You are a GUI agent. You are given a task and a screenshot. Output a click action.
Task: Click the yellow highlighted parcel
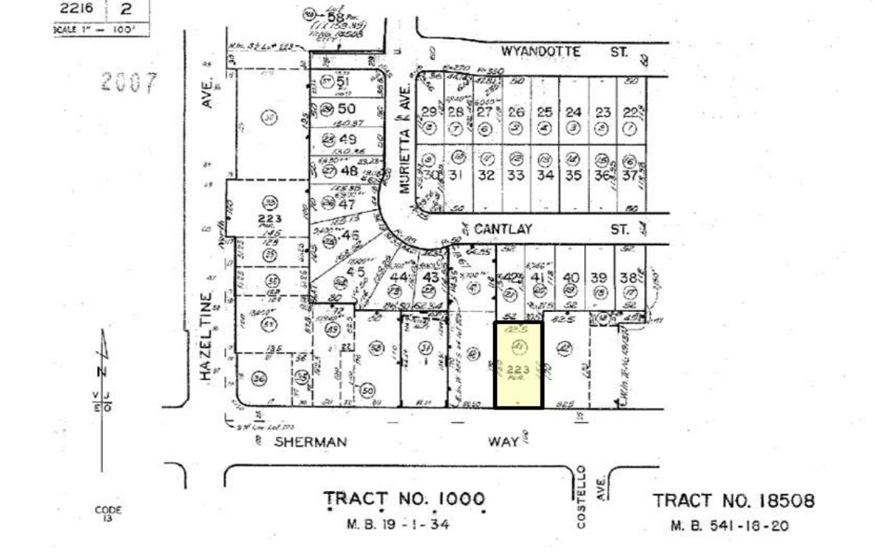click(x=518, y=364)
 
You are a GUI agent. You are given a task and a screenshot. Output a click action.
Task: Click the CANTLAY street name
click(x=503, y=230)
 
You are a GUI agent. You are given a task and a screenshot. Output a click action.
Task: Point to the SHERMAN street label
click(x=310, y=442)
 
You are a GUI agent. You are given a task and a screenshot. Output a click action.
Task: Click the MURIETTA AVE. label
click(x=404, y=149)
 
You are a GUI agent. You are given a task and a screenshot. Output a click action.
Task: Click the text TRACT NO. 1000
click(x=404, y=501)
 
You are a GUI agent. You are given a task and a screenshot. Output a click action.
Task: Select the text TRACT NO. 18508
click(x=734, y=501)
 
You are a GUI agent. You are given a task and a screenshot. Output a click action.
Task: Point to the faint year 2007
click(x=129, y=82)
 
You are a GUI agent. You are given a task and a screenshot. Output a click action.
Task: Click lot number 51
click(x=342, y=81)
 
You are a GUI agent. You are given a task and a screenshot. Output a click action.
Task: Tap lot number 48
click(x=350, y=171)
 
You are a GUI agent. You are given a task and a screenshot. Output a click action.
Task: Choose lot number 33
click(x=515, y=175)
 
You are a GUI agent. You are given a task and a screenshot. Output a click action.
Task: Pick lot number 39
click(x=599, y=277)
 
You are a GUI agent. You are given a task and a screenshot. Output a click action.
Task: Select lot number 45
click(x=356, y=271)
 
